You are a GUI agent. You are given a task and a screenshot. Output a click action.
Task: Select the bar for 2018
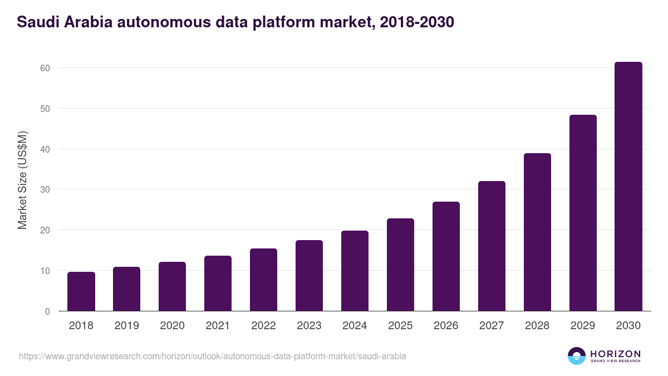81,291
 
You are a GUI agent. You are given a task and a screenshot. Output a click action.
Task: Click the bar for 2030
628,187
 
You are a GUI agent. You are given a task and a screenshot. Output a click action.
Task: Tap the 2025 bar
401,265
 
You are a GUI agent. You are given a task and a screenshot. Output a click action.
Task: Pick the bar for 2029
583,213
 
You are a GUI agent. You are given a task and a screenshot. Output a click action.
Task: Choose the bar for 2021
218,284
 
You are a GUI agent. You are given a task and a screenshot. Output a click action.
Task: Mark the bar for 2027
492,246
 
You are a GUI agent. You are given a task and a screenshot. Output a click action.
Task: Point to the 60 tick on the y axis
45,68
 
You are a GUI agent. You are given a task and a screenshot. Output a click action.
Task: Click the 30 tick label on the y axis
45,190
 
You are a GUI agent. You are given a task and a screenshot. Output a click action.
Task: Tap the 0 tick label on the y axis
47,311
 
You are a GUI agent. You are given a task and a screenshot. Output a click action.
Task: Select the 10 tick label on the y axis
45,271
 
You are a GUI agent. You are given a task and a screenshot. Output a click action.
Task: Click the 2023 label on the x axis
309,326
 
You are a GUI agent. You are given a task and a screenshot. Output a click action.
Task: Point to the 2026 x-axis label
446,326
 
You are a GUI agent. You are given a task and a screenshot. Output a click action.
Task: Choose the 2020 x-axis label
172,326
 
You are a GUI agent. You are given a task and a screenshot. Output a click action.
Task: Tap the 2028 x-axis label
537,326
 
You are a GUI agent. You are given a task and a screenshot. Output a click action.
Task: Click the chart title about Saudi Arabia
235,22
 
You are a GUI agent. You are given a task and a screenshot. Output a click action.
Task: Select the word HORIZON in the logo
615,354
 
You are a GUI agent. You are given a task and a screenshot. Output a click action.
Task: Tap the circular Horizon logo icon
577,356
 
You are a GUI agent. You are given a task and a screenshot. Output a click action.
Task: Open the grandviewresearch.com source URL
212,356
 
